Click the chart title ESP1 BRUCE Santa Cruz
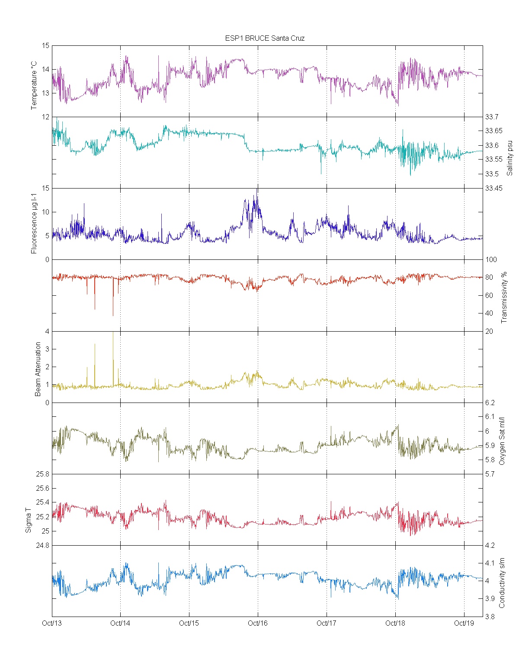[265, 38]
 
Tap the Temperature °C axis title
[34, 86]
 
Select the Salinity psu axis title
[509, 157]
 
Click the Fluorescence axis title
[34, 223]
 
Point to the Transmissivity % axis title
[503, 297]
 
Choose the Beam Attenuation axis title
[38, 369]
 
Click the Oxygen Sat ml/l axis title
[502, 441]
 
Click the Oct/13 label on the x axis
[52, 623]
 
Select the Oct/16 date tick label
[258, 623]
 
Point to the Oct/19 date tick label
[464, 623]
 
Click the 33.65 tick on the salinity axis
[493, 131]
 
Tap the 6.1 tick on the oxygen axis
[490, 416]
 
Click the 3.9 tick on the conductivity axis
[490, 598]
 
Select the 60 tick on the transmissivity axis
[489, 295]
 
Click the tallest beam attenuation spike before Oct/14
[113, 333]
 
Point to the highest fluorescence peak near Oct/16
[258, 189]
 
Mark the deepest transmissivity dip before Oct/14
[113, 315]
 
